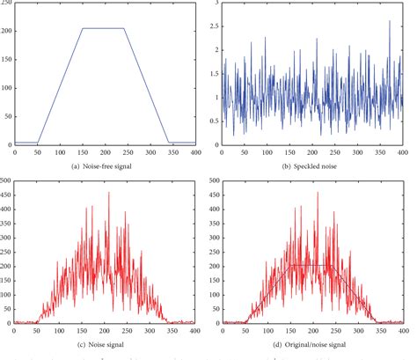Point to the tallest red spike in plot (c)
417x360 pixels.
pos(109,194)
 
